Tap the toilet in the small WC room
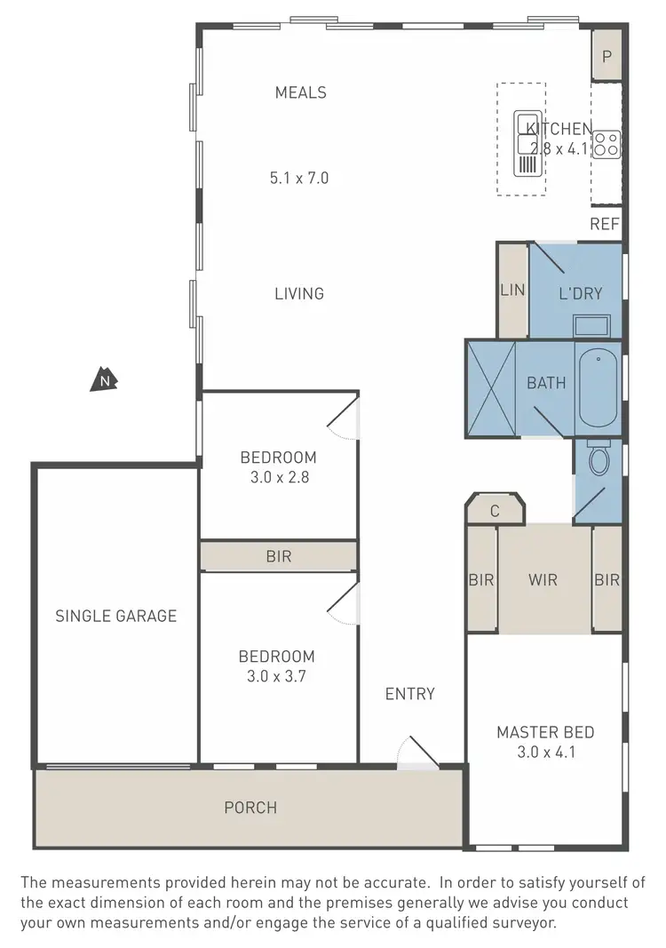coord(599,459)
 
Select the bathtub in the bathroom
coord(598,389)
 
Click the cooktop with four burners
coord(607,143)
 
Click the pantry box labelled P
coord(607,55)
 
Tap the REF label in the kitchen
coord(605,224)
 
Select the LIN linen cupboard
coord(512,290)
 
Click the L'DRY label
coord(581,292)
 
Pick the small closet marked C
coord(496,511)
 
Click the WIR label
coord(543,580)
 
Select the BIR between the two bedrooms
coord(278,557)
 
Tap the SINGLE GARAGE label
coord(115,616)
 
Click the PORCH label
coord(250,808)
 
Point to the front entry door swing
coord(416,752)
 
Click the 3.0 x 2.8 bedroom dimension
coord(278,476)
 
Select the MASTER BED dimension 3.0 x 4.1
coord(544,753)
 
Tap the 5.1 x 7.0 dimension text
coord(299,178)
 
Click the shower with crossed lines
coord(491,388)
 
